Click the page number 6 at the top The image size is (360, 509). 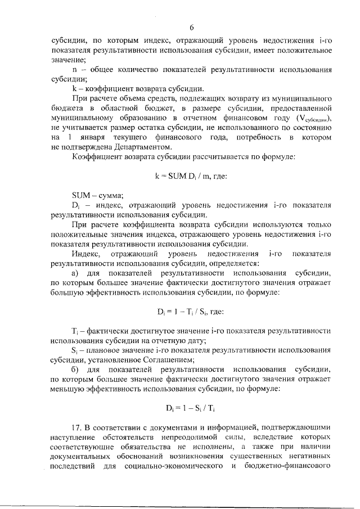point(191,28)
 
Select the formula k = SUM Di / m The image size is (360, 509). point(191,175)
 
